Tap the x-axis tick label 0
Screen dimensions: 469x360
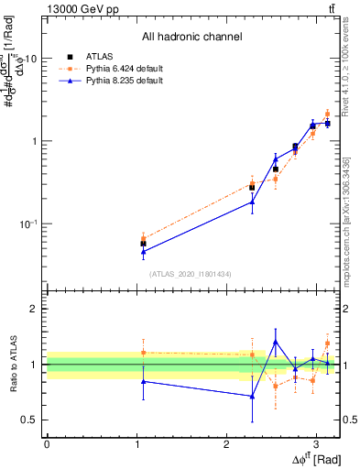click(47, 443)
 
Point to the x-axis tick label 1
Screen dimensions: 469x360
click(136, 443)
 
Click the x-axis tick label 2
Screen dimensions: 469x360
click(226, 443)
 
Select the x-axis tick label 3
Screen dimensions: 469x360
click(316, 443)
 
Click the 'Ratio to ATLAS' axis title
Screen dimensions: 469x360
click(13, 365)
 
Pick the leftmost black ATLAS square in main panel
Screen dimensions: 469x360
click(143, 244)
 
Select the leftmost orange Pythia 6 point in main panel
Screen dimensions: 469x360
click(143, 238)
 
